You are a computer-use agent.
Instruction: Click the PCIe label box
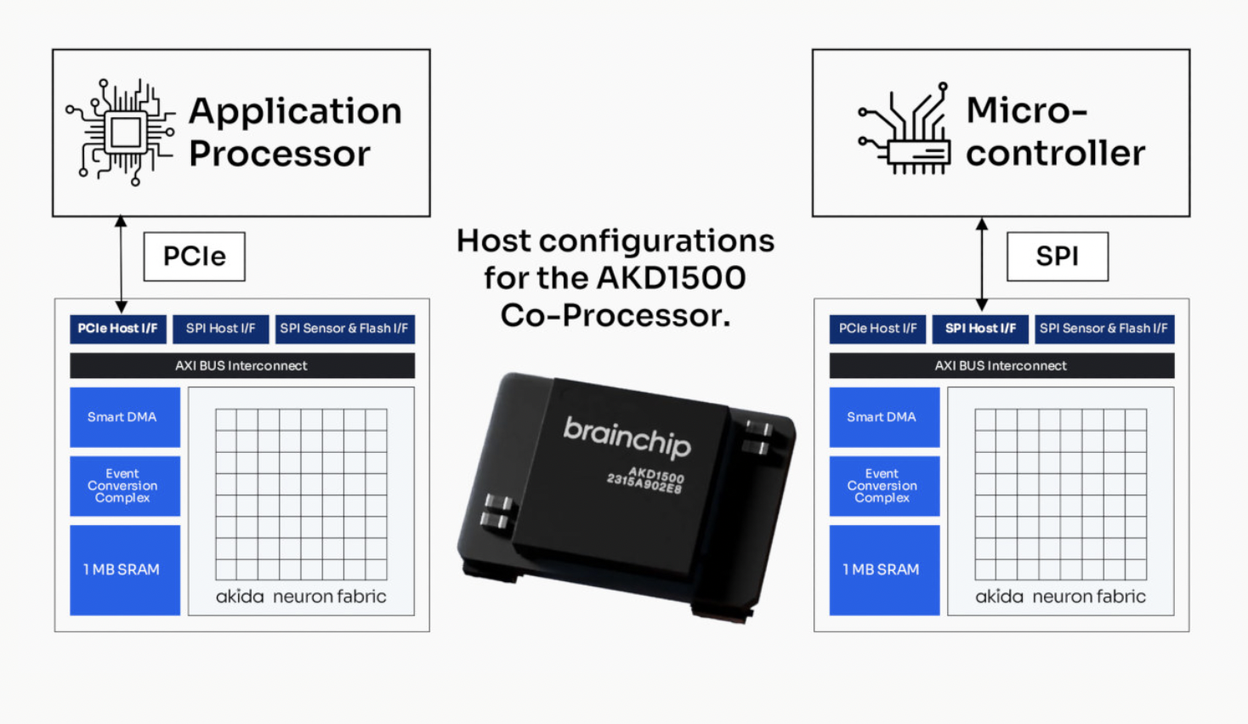pyautogui.click(x=194, y=257)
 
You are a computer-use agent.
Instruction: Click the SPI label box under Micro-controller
pyautogui.click(x=1057, y=257)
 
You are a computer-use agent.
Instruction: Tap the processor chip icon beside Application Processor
pyautogui.click(x=123, y=133)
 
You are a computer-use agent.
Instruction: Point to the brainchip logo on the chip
pyautogui.click(x=627, y=437)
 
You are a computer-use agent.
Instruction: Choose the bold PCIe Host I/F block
pyautogui.click(x=117, y=329)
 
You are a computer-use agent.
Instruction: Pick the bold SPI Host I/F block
pyautogui.click(x=980, y=329)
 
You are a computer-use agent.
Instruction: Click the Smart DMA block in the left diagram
pyautogui.click(x=124, y=417)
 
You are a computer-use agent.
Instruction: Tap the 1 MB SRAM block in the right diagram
pyautogui.click(x=883, y=569)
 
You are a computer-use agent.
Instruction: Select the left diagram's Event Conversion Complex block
pyautogui.click(x=124, y=486)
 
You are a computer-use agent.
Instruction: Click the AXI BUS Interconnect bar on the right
pyautogui.click(x=1001, y=366)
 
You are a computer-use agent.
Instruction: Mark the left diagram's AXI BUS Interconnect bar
pyautogui.click(x=241, y=366)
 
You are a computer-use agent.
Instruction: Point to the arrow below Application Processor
pyautogui.click(x=121, y=263)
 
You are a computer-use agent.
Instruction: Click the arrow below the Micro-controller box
pyautogui.click(x=982, y=263)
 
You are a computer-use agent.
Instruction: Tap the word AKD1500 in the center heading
pyautogui.click(x=671, y=278)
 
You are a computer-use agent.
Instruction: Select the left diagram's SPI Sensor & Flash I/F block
pyautogui.click(x=344, y=329)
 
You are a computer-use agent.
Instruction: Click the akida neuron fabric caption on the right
pyautogui.click(x=1060, y=597)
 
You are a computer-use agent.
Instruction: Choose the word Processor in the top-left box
pyautogui.click(x=280, y=154)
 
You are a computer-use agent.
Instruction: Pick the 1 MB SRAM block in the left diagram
pyautogui.click(x=124, y=569)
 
